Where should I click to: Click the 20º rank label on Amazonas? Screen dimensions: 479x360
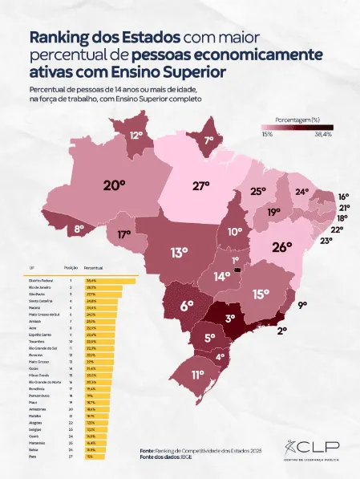point(115,185)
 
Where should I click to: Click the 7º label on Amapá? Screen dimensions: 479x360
point(209,140)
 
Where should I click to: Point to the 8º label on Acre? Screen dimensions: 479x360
point(79,229)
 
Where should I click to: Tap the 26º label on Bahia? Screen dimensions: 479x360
point(281,247)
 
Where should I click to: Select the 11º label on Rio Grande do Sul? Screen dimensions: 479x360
point(197,374)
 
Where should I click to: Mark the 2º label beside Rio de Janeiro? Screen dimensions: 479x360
point(281,329)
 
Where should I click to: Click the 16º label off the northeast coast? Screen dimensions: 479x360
point(343,197)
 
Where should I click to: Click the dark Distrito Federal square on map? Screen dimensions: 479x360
point(237,270)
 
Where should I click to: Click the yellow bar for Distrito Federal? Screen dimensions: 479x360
point(111,279)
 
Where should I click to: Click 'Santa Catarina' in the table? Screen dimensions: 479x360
point(41,301)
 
